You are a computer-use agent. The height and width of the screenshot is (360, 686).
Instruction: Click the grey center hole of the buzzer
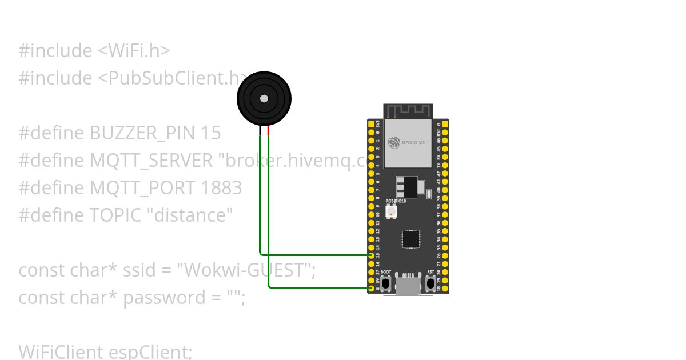pos(264,99)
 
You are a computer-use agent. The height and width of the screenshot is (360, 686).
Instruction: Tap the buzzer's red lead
pos(268,131)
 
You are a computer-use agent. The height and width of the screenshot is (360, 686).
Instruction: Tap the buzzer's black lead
pos(260,131)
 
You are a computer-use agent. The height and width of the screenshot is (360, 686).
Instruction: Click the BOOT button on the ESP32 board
pos(386,282)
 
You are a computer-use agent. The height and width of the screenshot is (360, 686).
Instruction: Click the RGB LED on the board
pos(392,211)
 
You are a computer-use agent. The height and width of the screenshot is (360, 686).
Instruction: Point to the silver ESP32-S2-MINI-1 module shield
pos(408,143)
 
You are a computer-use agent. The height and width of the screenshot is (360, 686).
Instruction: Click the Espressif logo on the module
pos(394,142)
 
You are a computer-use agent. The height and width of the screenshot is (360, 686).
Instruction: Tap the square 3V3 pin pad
pos(372,124)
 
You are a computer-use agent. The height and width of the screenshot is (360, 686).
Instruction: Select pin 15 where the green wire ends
pos(372,255)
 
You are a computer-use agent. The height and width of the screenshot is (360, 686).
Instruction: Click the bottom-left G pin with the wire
pos(372,288)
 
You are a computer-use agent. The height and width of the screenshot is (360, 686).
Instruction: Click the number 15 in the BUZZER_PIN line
pos(210,133)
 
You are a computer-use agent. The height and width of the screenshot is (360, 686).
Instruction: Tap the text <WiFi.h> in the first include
pos(134,51)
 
